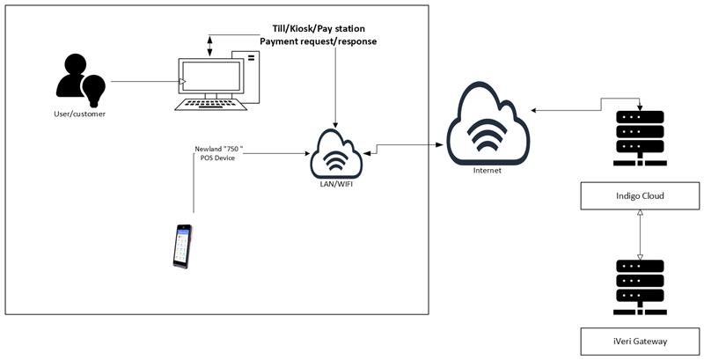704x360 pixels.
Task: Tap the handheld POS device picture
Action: [181, 246]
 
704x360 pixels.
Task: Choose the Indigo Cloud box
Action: [640, 196]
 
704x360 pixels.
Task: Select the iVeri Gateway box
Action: [640, 338]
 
